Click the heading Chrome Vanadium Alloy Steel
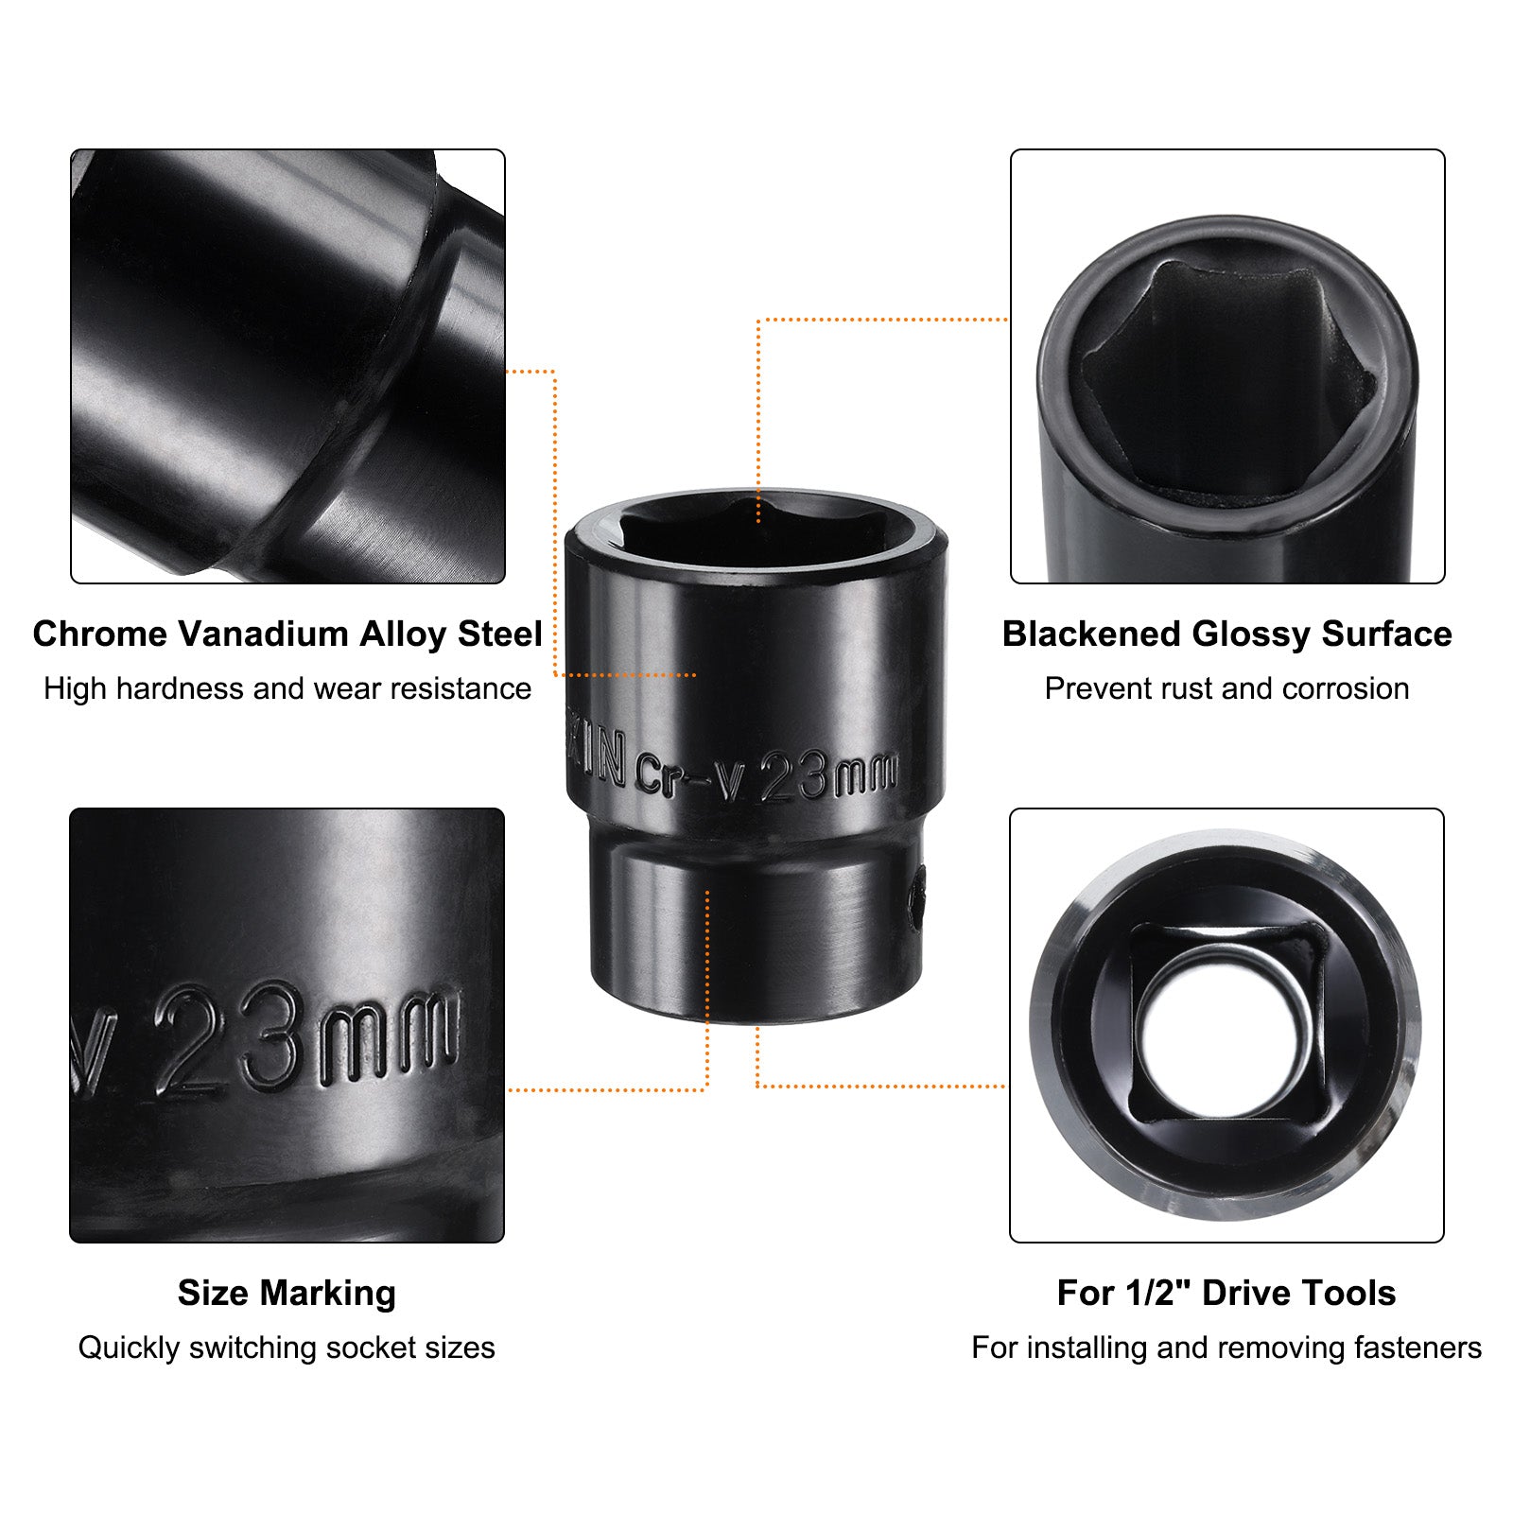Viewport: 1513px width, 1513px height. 287,634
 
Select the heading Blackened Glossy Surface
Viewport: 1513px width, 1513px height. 1226,634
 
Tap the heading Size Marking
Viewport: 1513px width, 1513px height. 287,1293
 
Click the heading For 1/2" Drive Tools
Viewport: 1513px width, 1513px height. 1226,1292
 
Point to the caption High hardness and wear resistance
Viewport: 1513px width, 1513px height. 287,688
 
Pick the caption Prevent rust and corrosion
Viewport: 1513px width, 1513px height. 1226,688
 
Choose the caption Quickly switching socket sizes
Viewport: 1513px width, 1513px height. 287,1348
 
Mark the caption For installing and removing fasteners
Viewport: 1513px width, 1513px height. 1226,1348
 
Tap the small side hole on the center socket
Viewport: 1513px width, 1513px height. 916,898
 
